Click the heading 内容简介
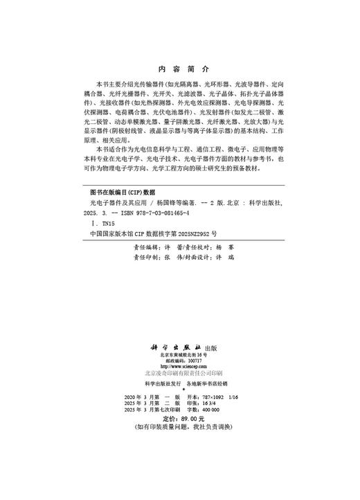tap(179, 69)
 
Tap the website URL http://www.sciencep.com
tap(179, 366)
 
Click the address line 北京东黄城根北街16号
tap(179, 355)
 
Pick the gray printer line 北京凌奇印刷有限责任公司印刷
tap(179, 373)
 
